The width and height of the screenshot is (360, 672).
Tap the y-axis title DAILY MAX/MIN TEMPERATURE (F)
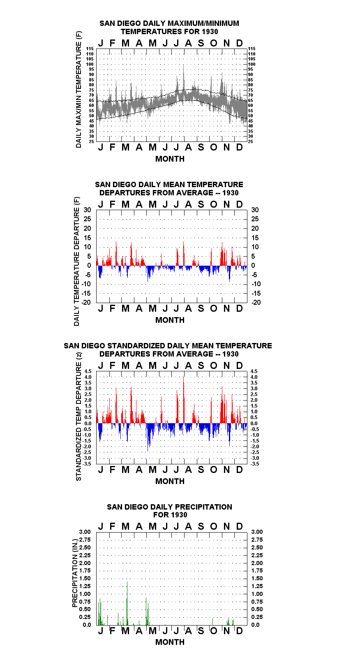(78, 89)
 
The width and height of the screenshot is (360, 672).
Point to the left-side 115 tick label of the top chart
(90, 49)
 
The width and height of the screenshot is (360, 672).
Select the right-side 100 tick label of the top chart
(252, 64)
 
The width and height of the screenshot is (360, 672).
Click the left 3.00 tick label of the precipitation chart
(85, 532)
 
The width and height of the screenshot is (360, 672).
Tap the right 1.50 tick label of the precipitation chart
(257, 578)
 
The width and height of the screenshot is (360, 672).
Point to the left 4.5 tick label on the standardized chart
(88, 371)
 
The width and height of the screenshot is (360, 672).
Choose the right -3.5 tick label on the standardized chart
(255, 464)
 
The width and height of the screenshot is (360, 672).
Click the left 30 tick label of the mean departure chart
(87, 210)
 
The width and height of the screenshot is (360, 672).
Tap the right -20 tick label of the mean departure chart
(256, 302)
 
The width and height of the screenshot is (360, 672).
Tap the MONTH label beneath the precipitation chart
(170, 642)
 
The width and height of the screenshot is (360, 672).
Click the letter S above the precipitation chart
(201, 526)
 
